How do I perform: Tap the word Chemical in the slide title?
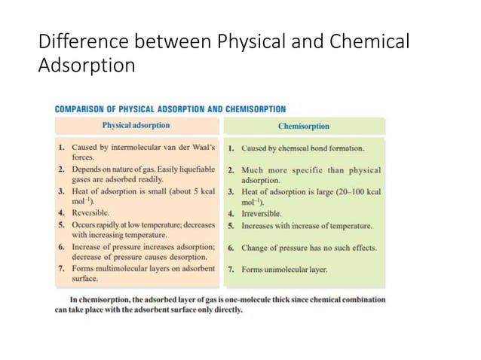(x=372, y=41)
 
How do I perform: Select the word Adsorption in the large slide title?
(x=87, y=66)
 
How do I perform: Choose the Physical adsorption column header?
(x=136, y=125)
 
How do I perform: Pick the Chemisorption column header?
(x=304, y=127)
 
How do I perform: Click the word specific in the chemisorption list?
(x=319, y=171)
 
